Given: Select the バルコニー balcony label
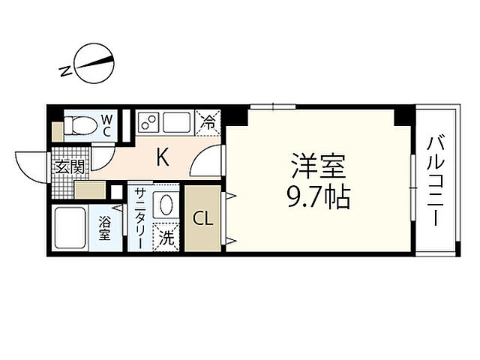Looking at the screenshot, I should tap(435, 180).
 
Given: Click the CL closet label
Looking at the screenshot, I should tap(202, 219).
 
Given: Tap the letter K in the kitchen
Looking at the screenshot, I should tap(162, 157).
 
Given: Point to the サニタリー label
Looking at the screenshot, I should tap(140, 217).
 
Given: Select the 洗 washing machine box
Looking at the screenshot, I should tap(168, 239).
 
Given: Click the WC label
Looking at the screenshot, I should tap(106, 124).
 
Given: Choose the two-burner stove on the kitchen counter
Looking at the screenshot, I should tap(148, 121).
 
